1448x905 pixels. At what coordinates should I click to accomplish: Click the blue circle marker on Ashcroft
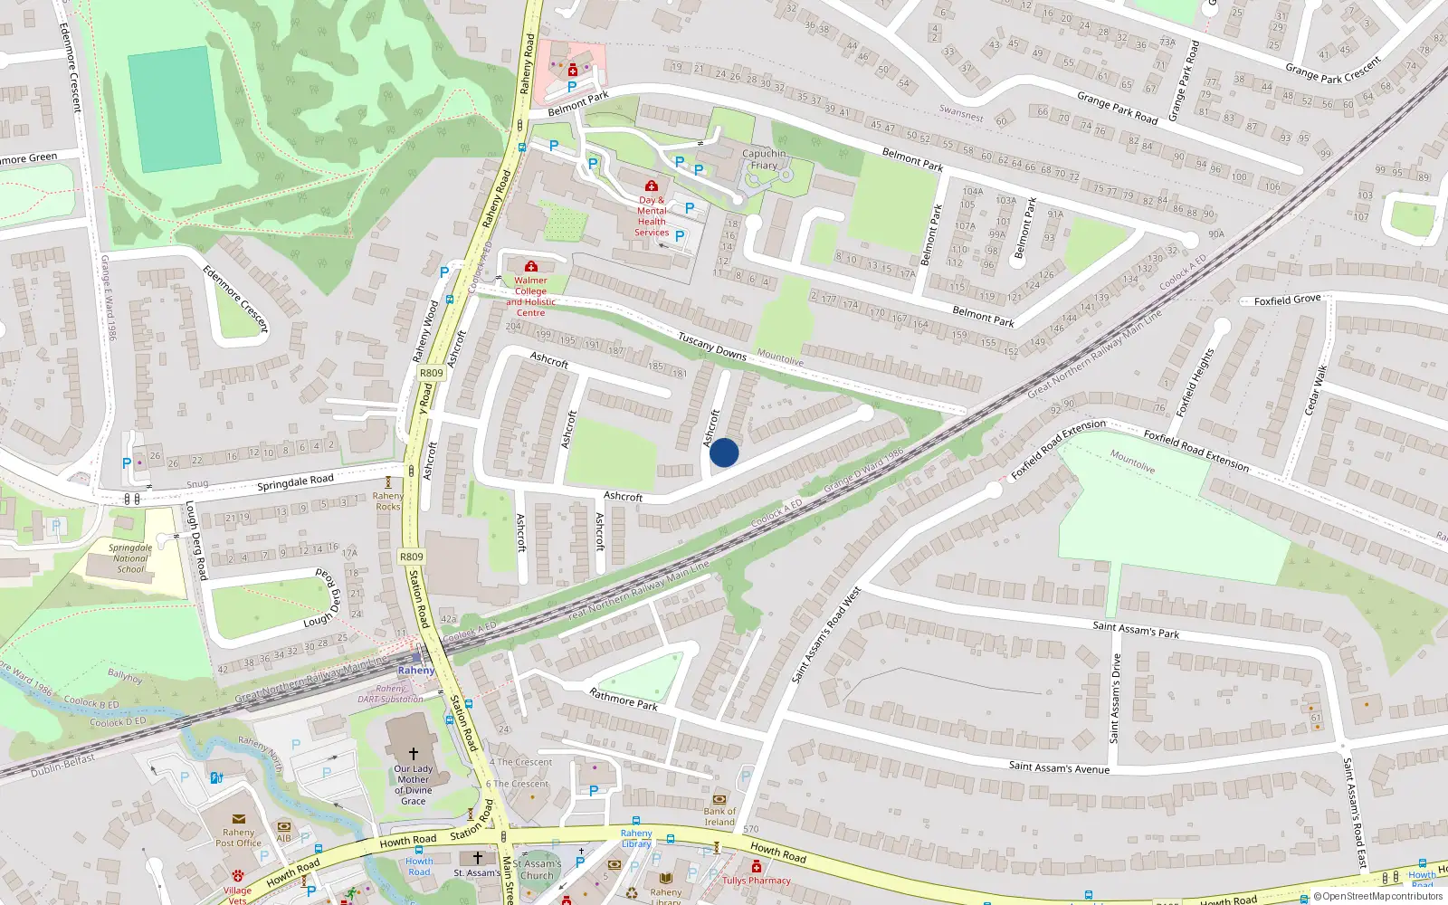click(x=724, y=452)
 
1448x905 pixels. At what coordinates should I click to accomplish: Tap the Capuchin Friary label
click(x=764, y=159)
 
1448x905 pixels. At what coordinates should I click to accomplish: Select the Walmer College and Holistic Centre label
click(x=531, y=296)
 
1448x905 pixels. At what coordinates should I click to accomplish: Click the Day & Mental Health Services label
click(x=652, y=216)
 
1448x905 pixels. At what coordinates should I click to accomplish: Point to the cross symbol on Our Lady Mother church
click(x=414, y=753)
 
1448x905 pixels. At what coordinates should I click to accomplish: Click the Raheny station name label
click(x=416, y=671)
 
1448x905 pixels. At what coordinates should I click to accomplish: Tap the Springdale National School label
click(x=130, y=558)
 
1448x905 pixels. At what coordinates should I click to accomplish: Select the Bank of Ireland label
click(x=719, y=816)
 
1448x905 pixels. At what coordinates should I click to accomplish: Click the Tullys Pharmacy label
click(x=757, y=881)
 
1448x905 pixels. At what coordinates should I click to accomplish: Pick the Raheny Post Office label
click(x=238, y=837)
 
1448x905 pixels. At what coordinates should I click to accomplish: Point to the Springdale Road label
click(x=295, y=482)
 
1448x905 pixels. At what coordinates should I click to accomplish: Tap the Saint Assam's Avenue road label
click(x=1059, y=767)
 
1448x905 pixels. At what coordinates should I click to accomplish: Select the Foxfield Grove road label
click(x=1287, y=300)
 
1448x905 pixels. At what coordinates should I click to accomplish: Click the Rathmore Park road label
click(x=624, y=700)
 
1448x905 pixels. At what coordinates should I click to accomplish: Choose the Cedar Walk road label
click(x=1315, y=391)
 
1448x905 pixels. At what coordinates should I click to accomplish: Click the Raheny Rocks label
click(x=388, y=500)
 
